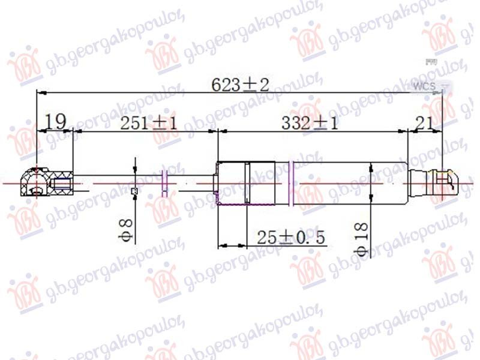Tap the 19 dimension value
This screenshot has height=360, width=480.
[55, 122]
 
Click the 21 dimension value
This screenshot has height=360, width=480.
[424, 123]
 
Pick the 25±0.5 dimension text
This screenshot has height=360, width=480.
[290, 238]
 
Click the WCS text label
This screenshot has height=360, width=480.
[424, 88]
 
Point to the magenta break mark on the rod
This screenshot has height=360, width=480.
[165, 182]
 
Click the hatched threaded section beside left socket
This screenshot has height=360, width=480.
[62, 182]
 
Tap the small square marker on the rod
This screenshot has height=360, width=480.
[134, 191]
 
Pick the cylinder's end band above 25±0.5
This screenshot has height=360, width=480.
[233, 183]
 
